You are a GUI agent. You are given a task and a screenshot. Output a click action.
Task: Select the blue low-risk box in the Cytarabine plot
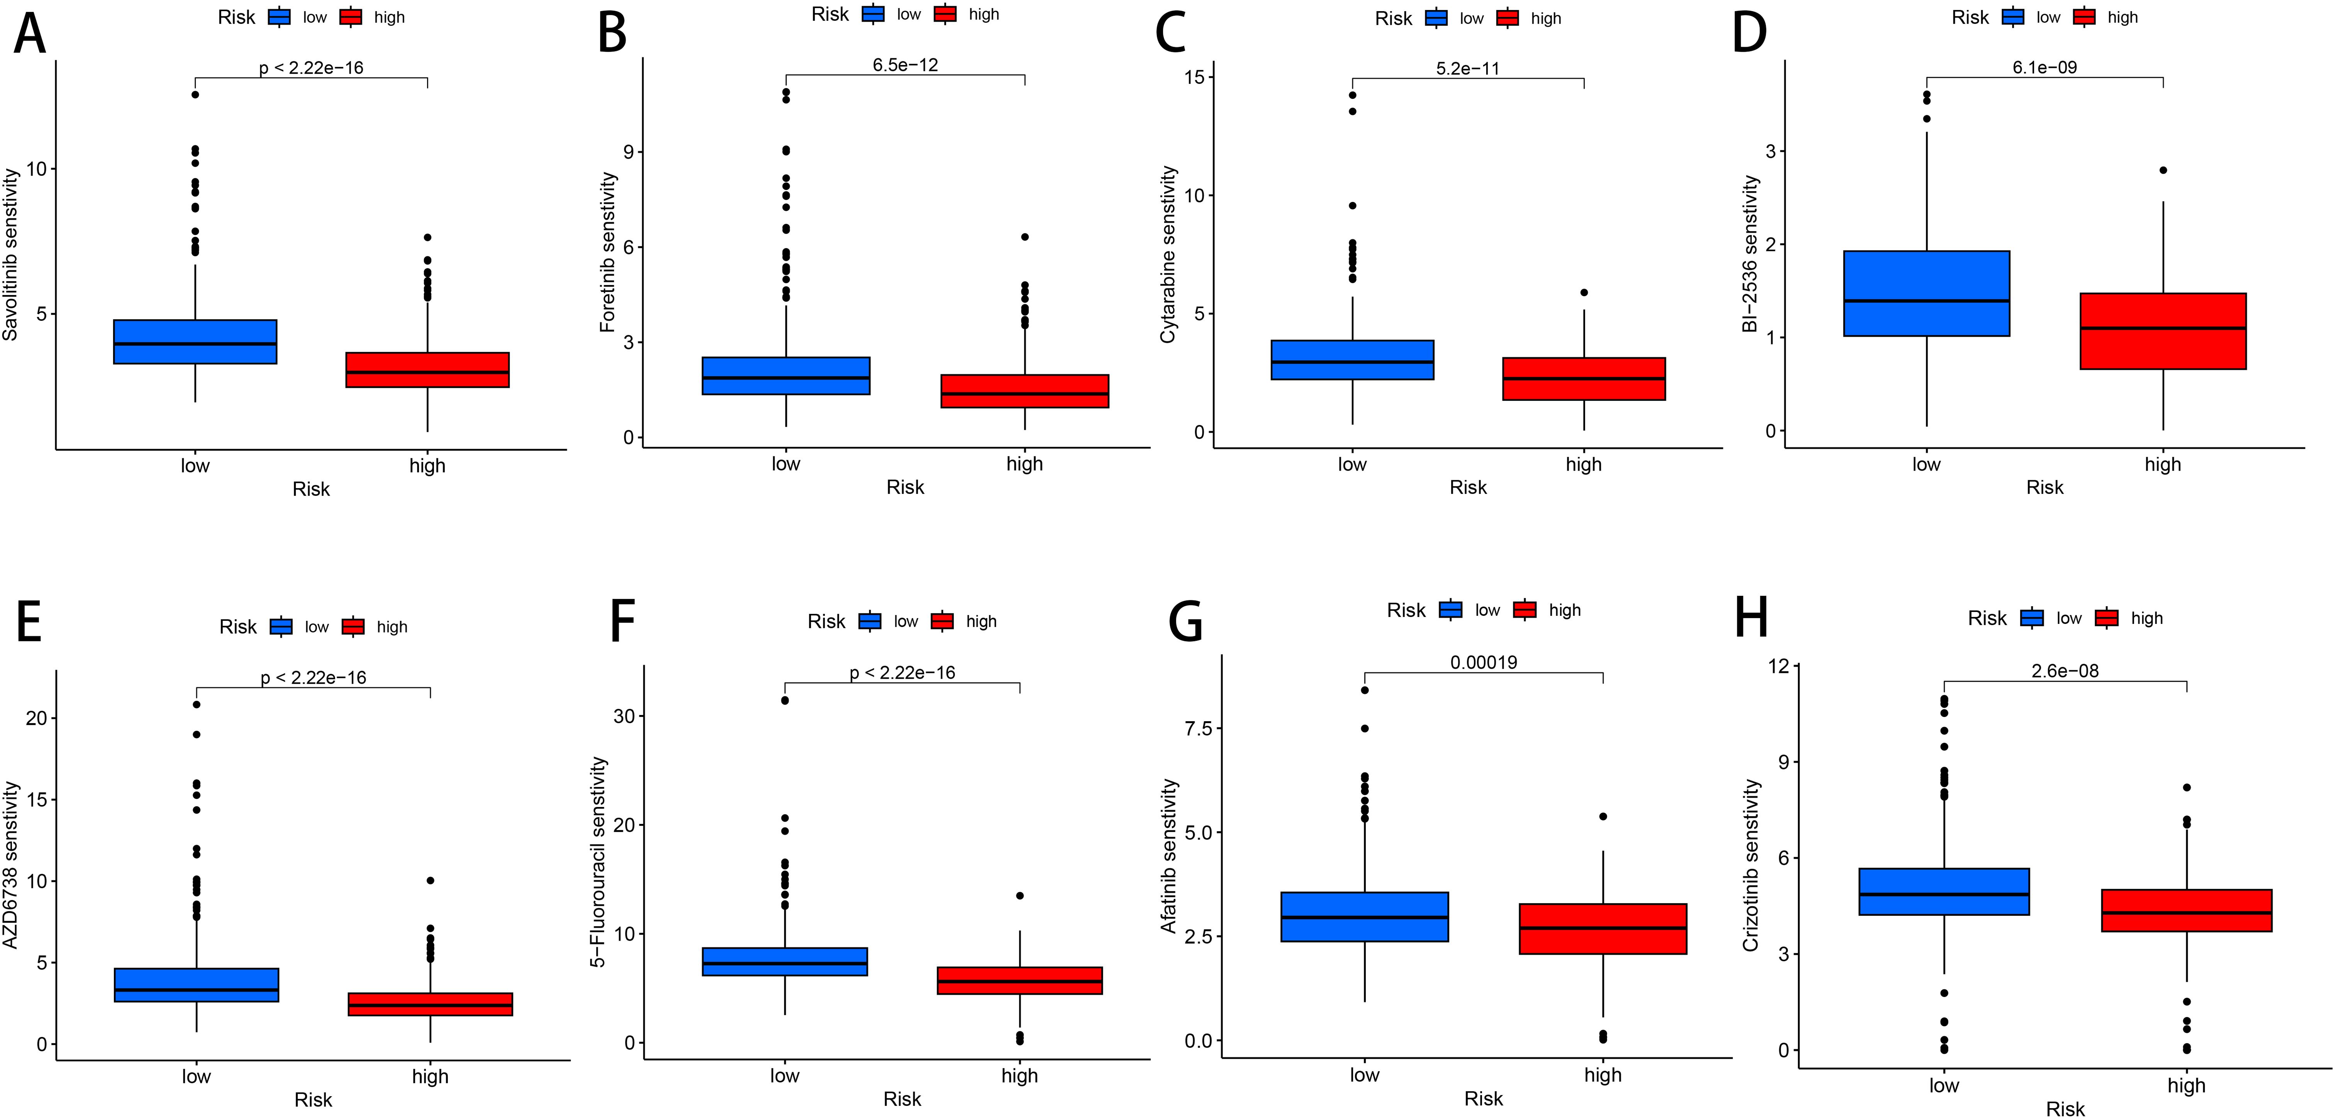[x=1352, y=359]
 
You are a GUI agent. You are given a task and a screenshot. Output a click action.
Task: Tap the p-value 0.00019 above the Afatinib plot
[x=1484, y=662]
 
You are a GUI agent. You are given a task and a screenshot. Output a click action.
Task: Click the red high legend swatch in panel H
[x=2107, y=618]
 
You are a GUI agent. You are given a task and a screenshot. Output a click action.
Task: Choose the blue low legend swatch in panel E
[x=281, y=626]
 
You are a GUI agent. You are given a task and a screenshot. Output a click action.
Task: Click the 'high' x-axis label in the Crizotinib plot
[x=2186, y=1085]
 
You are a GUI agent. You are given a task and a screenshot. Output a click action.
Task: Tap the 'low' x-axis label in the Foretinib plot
[x=785, y=464]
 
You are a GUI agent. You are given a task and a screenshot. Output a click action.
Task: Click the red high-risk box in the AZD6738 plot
[x=430, y=1004]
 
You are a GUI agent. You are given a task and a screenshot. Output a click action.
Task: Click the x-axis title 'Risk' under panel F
[x=902, y=1099]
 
